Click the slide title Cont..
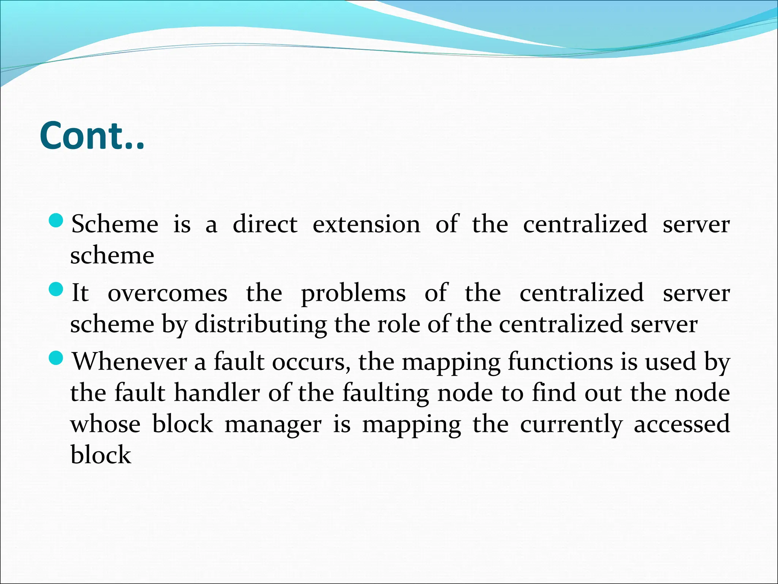(x=92, y=136)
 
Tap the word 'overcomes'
(x=168, y=293)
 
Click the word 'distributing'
(x=261, y=325)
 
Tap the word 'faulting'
(x=386, y=394)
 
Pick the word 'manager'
(x=273, y=425)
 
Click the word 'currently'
(x=571, y=425)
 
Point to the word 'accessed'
(x=682, y=424)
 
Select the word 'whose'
(x=105, y=424)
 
